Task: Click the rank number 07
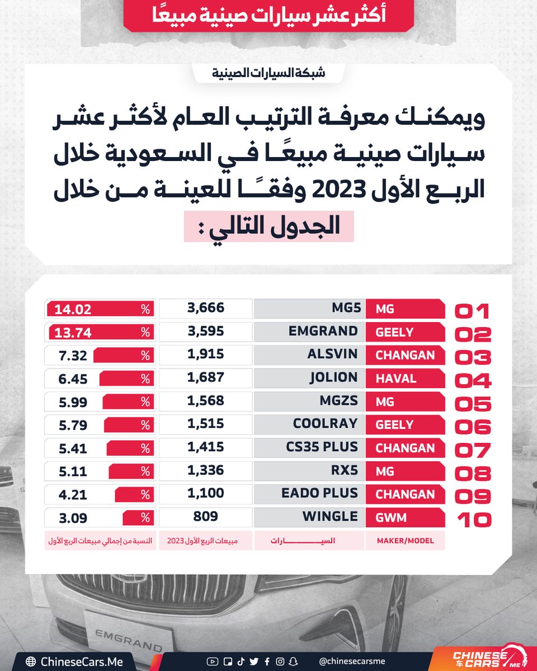point(473,450)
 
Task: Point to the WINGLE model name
point(329,517)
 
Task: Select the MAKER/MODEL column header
point(405,541)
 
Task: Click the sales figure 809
point(206,517)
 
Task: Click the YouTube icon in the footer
point(212,661)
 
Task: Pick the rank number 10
point(473,520)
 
